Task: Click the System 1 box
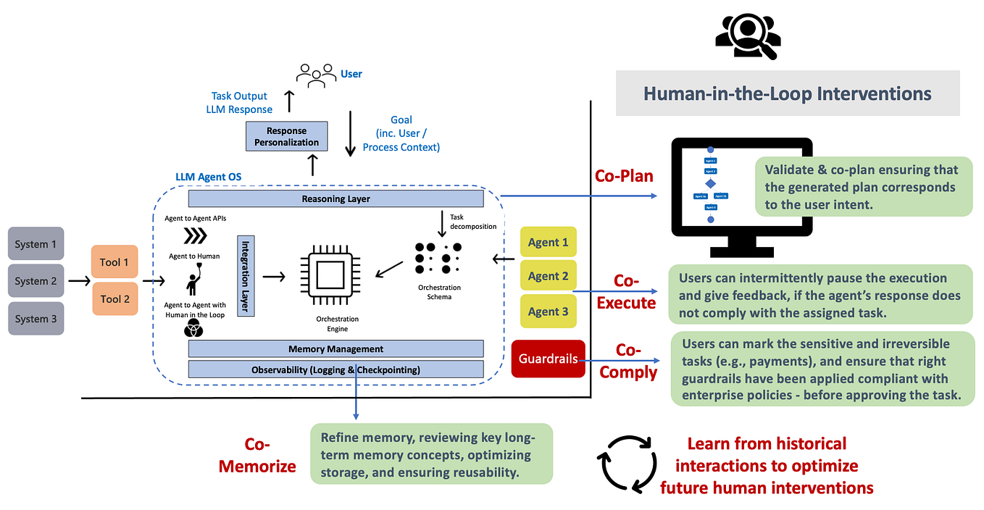36,244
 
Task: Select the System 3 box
36,319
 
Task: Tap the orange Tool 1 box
114,262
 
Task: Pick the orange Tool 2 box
114,298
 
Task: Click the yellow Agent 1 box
548,242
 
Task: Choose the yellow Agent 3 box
548,312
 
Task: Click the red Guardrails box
548,359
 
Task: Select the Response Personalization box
286,136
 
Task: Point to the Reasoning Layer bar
335,198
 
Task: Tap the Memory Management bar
335,348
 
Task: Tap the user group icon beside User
315,75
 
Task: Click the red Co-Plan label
624,176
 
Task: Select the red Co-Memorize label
258,454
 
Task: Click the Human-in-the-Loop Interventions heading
788,93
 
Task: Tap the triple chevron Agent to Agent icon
194,236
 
